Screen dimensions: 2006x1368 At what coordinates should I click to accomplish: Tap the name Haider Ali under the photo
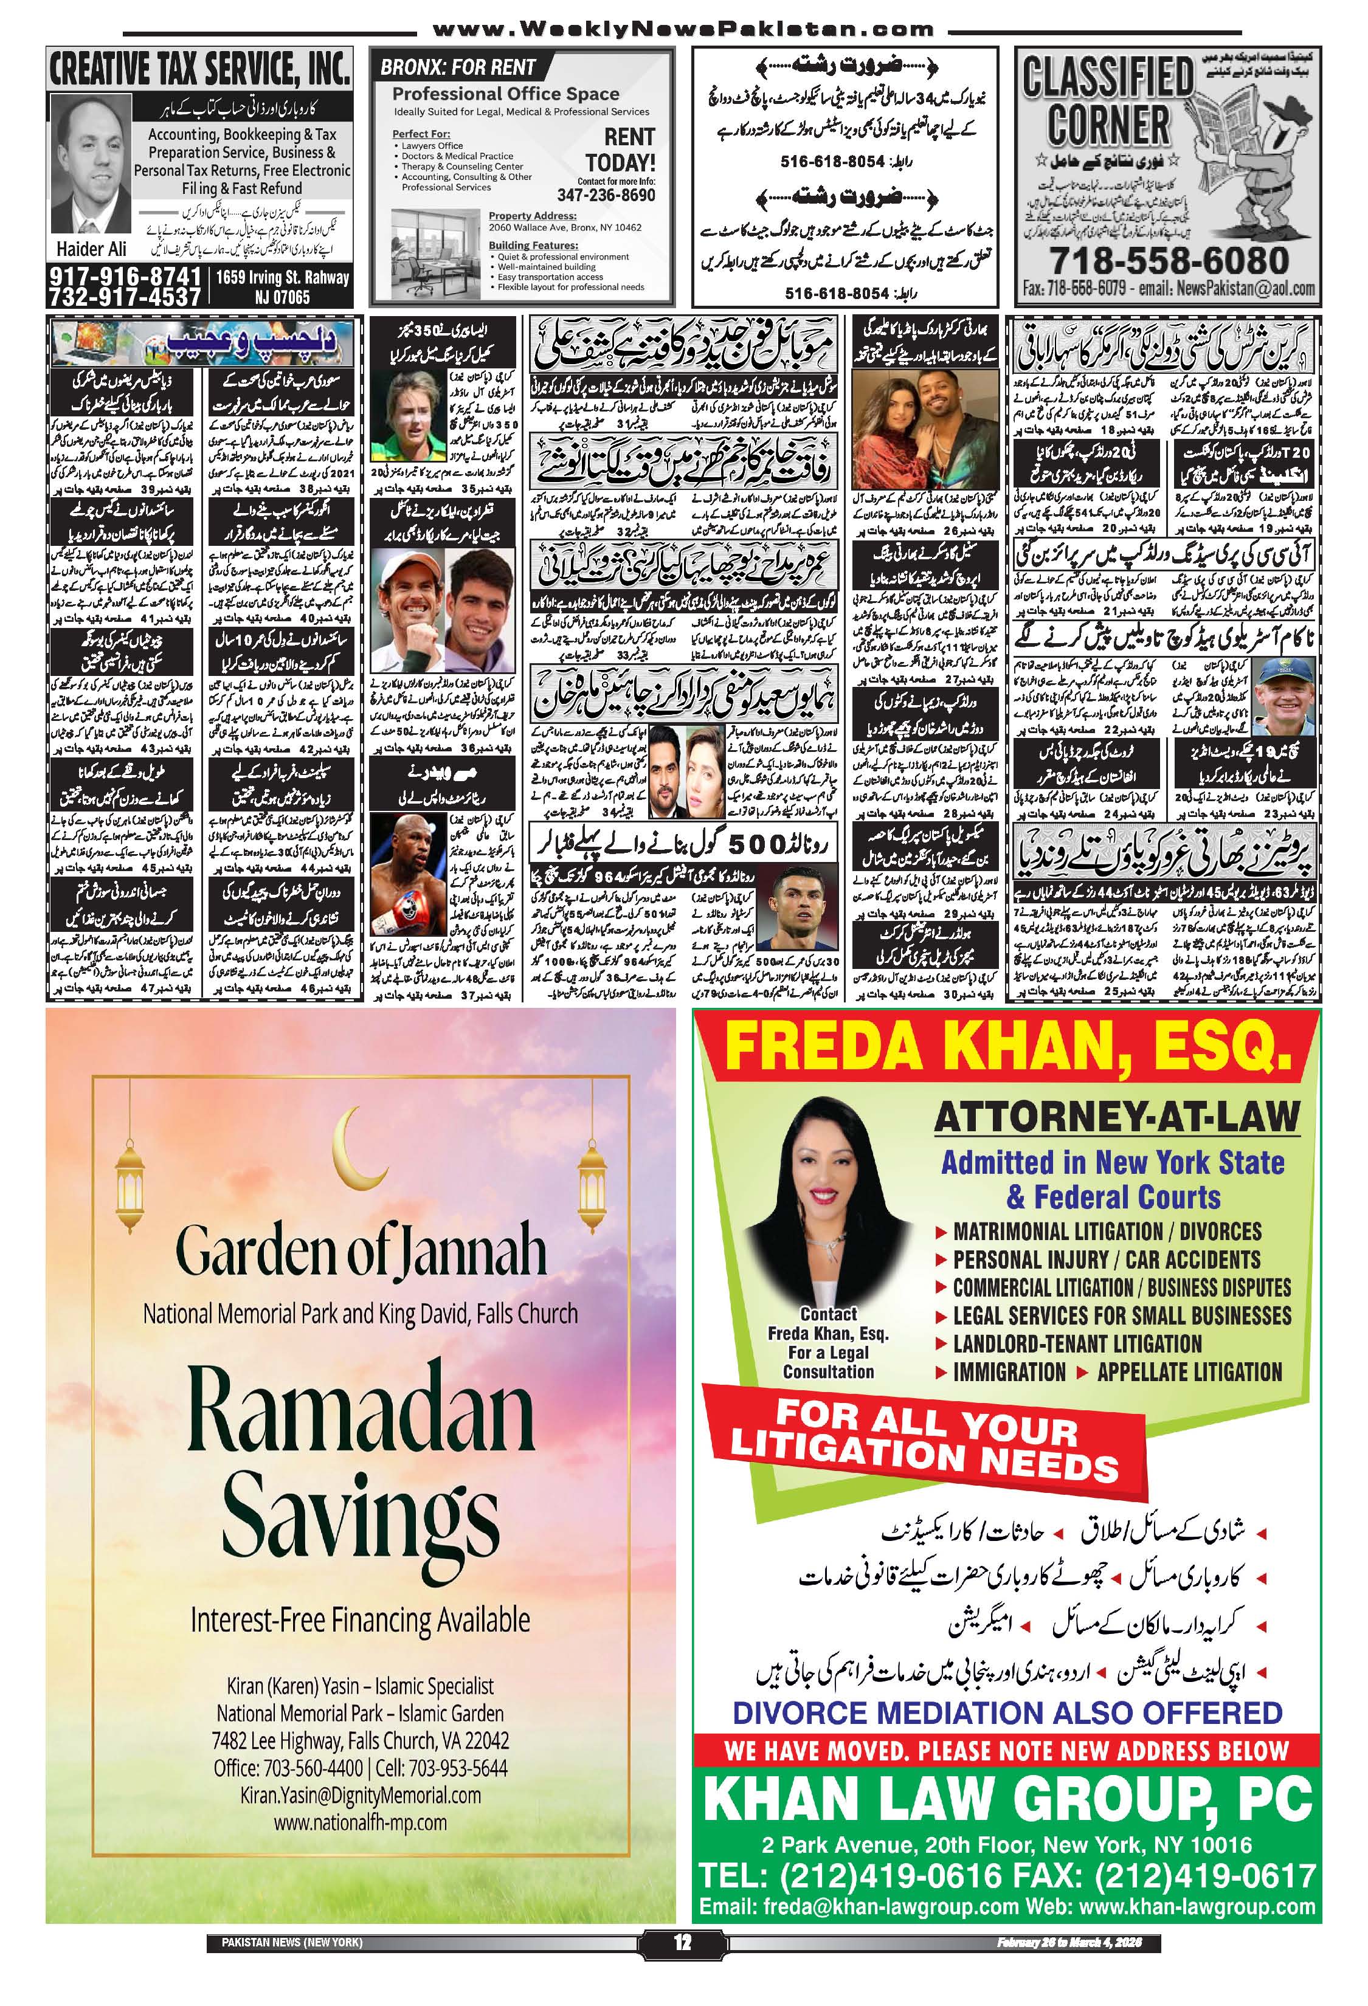(x=91, y=249)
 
